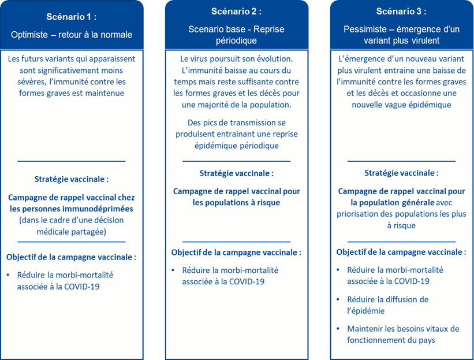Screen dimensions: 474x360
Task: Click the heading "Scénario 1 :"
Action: (72, 17)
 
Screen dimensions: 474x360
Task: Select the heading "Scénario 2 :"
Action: (236, 12)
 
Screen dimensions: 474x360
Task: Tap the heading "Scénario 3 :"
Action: (401, 12)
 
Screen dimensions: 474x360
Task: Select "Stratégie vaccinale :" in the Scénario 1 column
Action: (72, 179)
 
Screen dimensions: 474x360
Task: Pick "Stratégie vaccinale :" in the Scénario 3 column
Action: (401, 173)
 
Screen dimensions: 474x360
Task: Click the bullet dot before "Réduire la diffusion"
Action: (338, 299)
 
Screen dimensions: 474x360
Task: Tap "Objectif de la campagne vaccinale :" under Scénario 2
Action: (236, 253)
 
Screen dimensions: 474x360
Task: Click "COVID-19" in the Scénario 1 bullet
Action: (81, 287)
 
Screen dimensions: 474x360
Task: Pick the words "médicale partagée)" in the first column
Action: (72, 232)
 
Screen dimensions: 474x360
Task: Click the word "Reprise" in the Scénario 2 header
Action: (268, 29)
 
